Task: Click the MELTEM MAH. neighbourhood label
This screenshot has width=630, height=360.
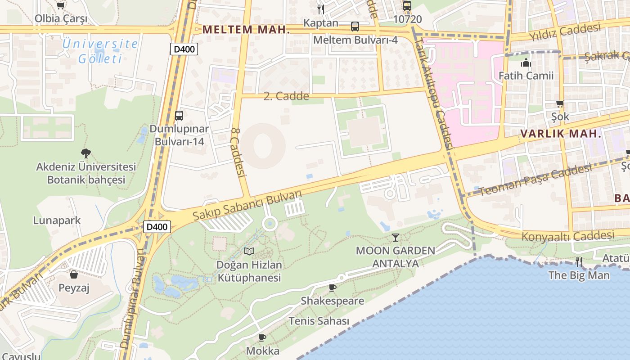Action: [245, 30]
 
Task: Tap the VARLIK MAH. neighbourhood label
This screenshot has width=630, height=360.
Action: [561, 134]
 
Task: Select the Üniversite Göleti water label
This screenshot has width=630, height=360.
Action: [100, 51]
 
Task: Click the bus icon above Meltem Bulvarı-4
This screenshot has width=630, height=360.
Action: [355, 26]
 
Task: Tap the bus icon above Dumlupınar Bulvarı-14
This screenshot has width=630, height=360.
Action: [179, 115]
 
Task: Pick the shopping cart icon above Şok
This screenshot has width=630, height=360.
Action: [560, 104]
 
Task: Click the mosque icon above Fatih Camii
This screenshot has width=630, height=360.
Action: [526, 63]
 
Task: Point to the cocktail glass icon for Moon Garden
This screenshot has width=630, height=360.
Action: [396, 237]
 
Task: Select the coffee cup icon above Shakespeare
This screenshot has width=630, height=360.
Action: [333, 288]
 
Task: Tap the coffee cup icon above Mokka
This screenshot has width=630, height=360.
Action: [262, 337]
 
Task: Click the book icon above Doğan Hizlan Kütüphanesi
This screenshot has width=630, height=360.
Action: [249, 251]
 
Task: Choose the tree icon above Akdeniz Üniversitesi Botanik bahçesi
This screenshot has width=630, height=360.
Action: [85, 153]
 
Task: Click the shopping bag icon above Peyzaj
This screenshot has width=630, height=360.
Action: [74, 274]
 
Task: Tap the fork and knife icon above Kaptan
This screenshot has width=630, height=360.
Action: [320, 9]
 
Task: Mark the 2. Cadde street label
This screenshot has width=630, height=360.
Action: [286, 96]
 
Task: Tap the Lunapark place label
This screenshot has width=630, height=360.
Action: [57, 220]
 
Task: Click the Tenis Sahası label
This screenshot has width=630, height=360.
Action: [319, 321]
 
